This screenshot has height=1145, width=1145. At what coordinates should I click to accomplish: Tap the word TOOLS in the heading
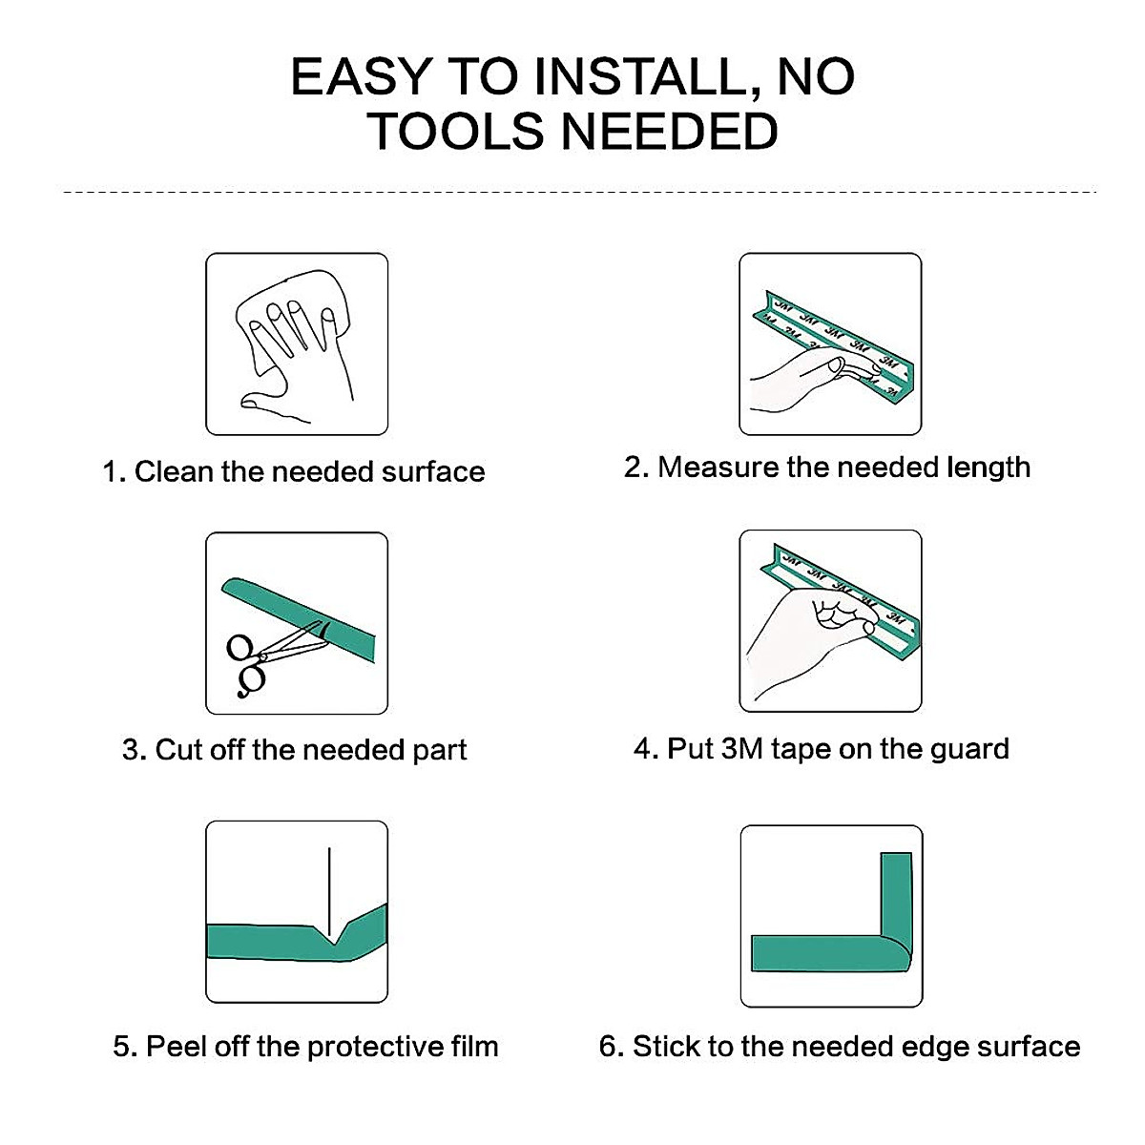[x=455, y=132]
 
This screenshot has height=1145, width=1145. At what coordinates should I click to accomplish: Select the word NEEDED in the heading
[x=669, y=132]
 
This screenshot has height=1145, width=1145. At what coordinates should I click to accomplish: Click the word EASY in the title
[x=362, y=76]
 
